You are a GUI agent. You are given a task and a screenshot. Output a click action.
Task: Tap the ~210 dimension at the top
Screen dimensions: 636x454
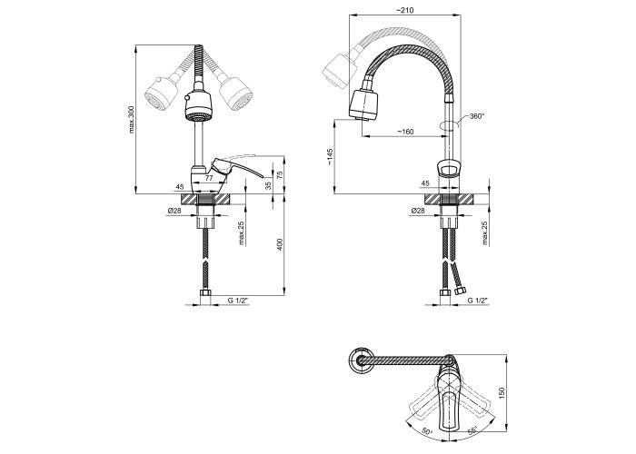click(405, 10)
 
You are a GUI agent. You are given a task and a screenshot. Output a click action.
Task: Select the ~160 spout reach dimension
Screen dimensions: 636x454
click(405, 132)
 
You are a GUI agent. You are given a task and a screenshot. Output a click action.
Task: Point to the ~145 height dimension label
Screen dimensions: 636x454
click(329, 156)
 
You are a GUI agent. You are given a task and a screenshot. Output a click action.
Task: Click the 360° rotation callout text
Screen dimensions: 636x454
click(477, 116)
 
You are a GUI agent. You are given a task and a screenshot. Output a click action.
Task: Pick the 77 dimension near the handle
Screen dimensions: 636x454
click(208, 178)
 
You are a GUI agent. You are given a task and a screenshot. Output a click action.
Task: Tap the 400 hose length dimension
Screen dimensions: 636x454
click(280, 244)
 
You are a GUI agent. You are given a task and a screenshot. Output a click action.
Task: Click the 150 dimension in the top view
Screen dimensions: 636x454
click(502, 392)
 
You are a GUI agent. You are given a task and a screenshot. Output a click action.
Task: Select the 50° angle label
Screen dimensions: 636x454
click(426, 430)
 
